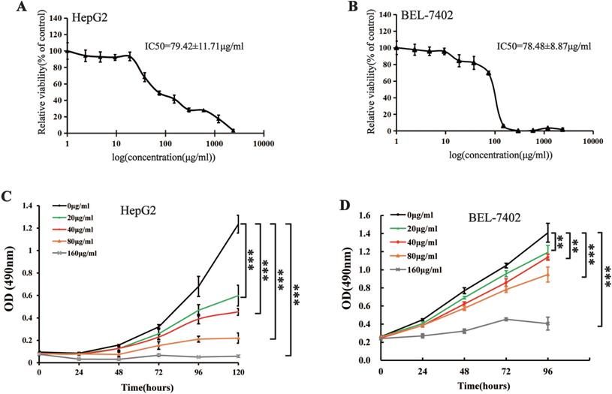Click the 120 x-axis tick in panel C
(237, 372)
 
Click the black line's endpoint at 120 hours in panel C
(237, 223)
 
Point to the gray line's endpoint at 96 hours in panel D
(548, 323)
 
